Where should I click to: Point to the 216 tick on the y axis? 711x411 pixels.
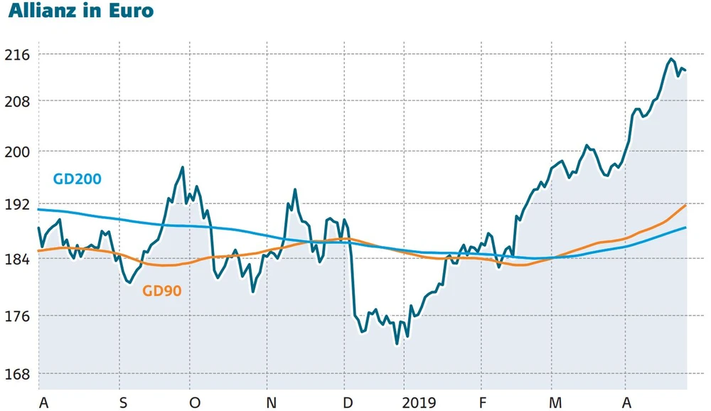[17, 54]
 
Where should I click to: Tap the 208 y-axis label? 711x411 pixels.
[17, 101]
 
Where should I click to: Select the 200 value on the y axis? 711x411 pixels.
[17, 151]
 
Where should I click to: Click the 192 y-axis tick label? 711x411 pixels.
[17, 205]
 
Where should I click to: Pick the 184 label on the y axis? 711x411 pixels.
[17, 259]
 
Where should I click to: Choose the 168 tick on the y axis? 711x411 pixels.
[17, 374]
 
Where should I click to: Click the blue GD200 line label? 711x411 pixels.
[77, 179]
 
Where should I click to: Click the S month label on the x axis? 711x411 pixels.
[123, 403]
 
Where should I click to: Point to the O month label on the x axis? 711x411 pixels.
[195, 403]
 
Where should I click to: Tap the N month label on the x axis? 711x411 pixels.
[271, 403]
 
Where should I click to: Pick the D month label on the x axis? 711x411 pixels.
[347, 403]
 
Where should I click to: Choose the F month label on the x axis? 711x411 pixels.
[483, 403]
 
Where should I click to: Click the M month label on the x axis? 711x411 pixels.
[555, 403]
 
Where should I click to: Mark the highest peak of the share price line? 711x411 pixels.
[671, 59]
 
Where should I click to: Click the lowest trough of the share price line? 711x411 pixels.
[397, 343]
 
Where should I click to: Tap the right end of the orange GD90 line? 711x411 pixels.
[685, 205]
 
